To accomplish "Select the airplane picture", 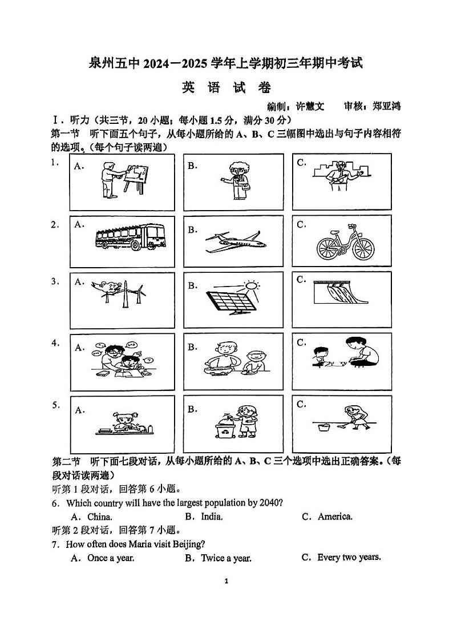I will tap(234, 241).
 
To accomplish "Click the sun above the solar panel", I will tap(251, 285).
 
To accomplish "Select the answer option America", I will tap(335, 517).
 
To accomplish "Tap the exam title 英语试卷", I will tap(226, 88).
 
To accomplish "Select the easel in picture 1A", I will tap(136, 178).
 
